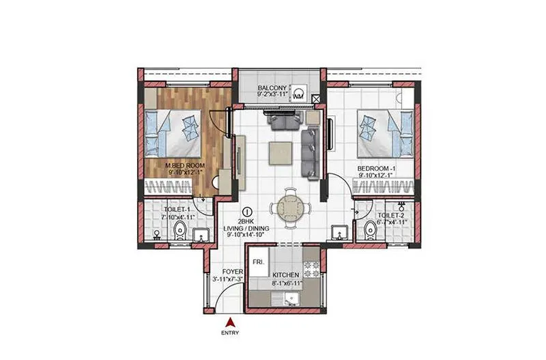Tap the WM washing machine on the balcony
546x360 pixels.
coord(298,94)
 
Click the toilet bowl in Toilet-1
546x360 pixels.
coord(179,230)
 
